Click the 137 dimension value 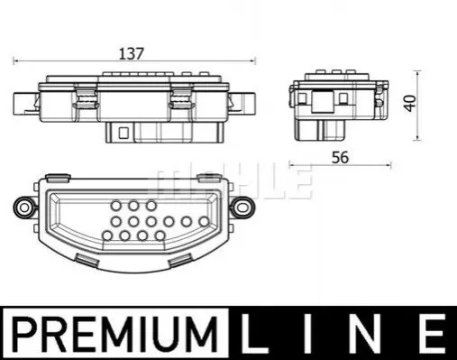132,54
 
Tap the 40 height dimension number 410,103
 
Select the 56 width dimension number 340,158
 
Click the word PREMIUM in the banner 115,335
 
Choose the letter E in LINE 431,333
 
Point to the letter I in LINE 307,333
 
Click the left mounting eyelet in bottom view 24,208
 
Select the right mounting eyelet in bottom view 242,208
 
